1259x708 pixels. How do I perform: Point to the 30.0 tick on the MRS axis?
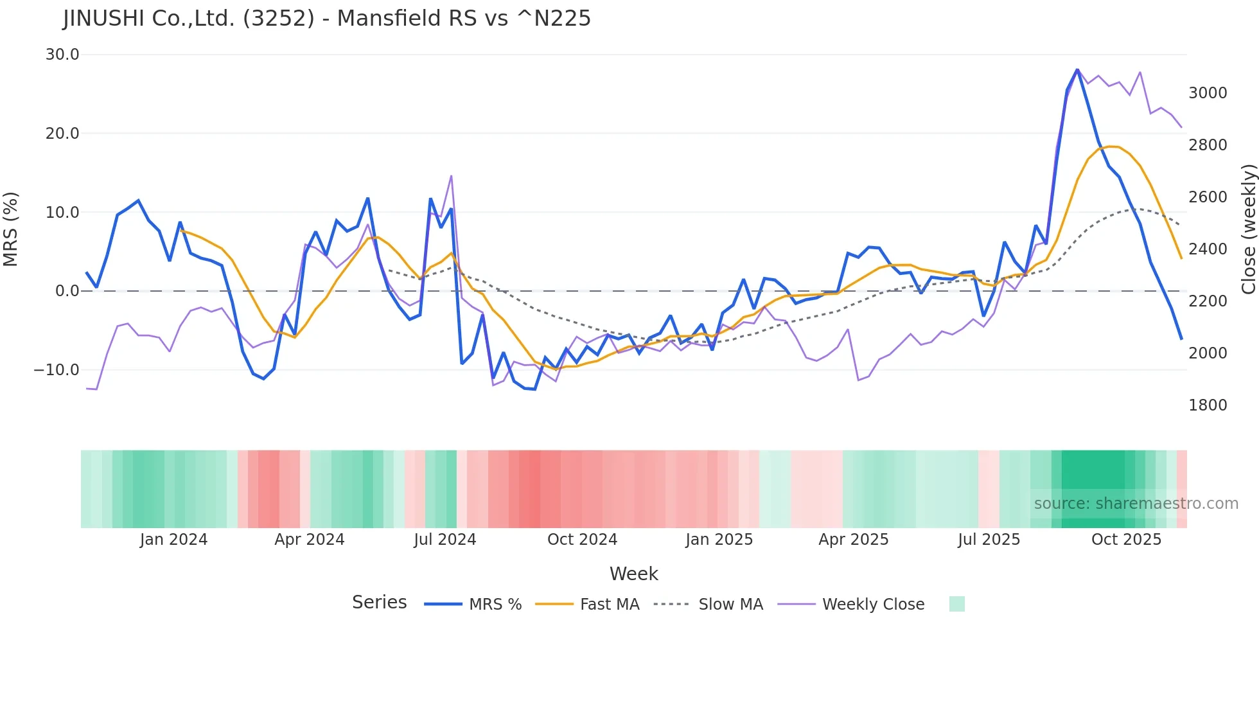62,55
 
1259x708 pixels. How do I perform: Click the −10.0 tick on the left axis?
57,370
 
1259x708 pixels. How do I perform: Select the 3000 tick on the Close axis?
1208,93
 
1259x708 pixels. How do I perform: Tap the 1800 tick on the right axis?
1208,405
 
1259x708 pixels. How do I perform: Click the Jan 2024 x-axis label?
173,540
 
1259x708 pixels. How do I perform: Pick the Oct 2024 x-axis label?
582,540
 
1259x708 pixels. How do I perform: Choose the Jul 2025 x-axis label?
989,540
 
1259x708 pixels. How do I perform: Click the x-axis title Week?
633,574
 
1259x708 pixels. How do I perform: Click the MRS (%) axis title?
11,229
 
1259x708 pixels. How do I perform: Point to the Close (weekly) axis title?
1248,229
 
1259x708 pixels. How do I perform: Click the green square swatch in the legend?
956,604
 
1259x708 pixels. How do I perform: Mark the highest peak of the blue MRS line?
1077,69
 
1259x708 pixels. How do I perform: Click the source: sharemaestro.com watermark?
1136,504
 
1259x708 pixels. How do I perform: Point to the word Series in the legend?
379,603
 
